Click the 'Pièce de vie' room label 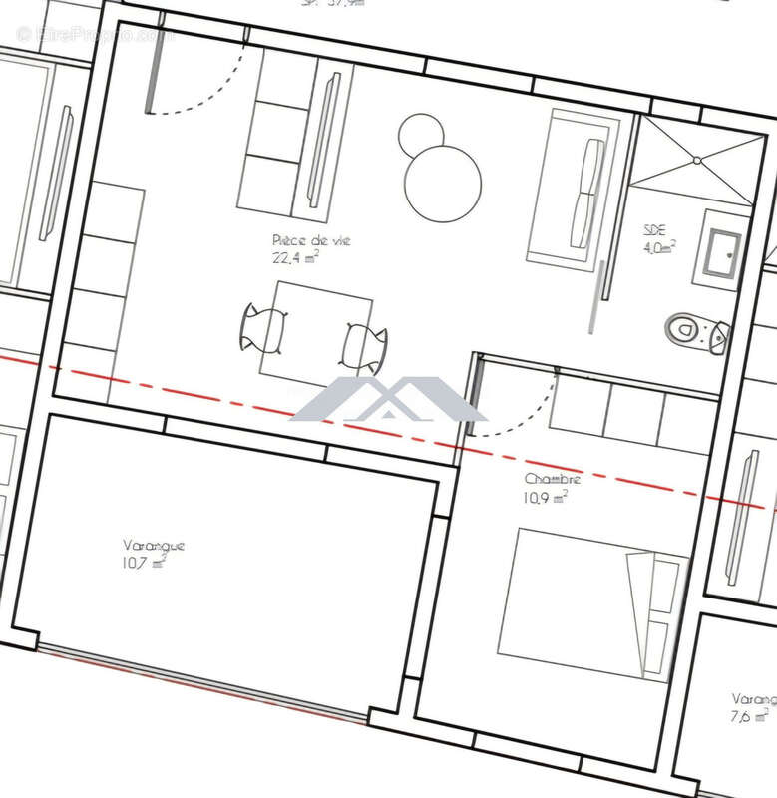click(x=311, y=241)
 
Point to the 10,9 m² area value click(x=546, y=497)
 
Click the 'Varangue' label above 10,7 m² click(x=154, y=546)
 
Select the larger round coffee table click(x=443, y=184)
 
